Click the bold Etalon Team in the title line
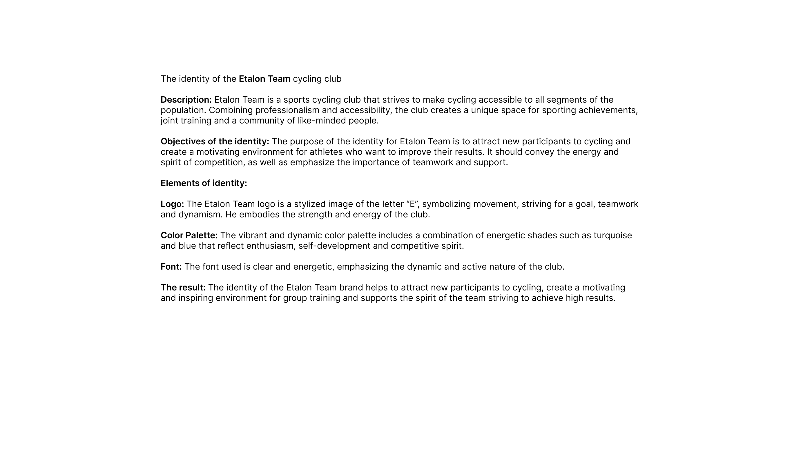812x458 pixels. [x=264, y=79]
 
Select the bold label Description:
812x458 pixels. [x=186, y=100]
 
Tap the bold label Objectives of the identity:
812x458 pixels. [x=215, y=141]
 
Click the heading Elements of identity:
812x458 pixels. [x=204, y=183]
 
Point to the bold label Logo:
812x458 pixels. [x=172, y=204]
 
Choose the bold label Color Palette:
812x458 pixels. [x=189, y=236]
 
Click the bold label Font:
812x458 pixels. [x=171, y=267]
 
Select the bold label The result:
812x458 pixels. [x=183, y=288]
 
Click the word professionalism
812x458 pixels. [x=287, y=110]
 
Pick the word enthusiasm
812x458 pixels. [x=271, y=246]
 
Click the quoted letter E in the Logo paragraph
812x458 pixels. [x=413, y=204]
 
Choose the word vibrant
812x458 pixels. [x=252, y=236]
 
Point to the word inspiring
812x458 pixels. [x=195, y=298]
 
